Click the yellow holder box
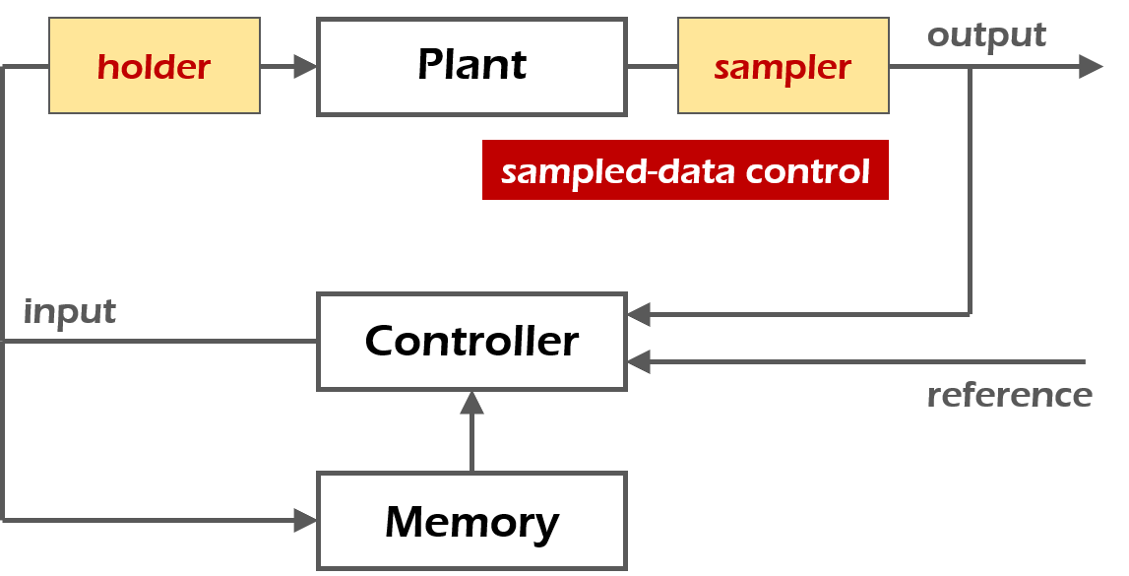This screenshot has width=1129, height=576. pos(154,66)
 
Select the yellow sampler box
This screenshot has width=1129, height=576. pos(783,66)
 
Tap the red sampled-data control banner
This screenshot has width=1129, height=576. pos(685,170)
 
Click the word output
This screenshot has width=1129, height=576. pos(986,35)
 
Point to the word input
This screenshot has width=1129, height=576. pos(69,312)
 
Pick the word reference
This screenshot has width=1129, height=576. pos(1009,395)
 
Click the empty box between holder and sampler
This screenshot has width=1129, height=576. pos(471,66)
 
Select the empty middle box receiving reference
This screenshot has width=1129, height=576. pos(471,341)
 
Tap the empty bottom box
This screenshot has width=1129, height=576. pos(471,520)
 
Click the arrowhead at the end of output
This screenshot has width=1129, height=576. pos(1091,66)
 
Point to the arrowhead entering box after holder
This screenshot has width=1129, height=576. pos(305,66)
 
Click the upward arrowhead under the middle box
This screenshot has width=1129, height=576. pos(471,402)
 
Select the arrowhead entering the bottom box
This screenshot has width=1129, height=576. pos(305,520)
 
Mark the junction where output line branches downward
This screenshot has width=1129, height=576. pos(971,66)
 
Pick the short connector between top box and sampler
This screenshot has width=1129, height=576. pos(652,66)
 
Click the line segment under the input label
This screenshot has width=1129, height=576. pos(157,342)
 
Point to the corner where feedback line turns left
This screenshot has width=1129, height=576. pos(971,314)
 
